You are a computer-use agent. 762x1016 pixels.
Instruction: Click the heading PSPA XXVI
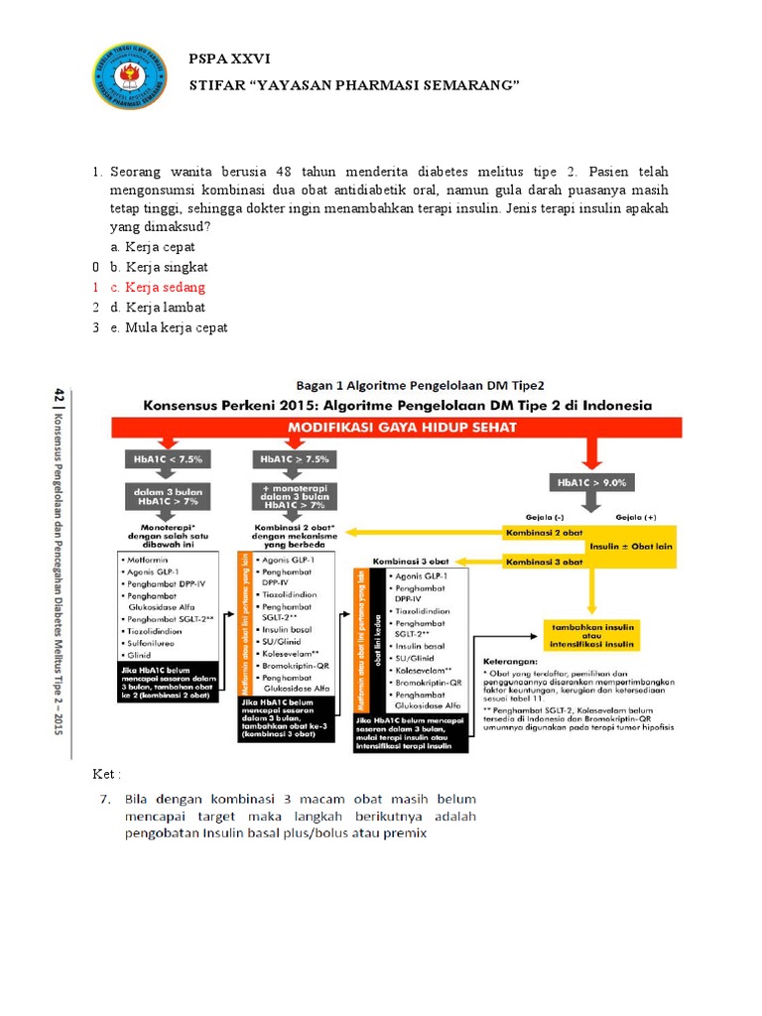point(228,60)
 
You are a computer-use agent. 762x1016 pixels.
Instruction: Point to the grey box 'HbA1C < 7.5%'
point(164,459)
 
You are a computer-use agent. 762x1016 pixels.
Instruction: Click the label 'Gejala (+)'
point(636,517)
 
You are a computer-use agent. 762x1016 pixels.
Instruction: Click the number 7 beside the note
point(102,799)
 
